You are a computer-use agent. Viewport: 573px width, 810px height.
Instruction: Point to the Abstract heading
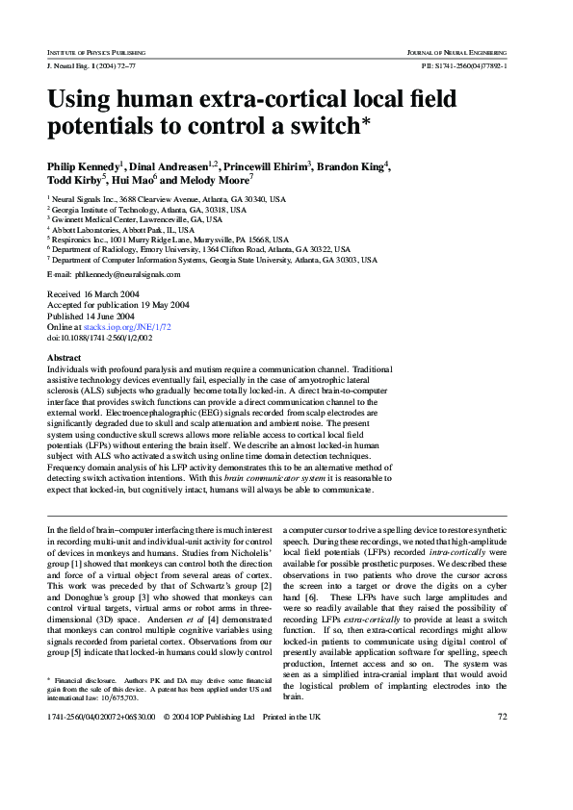[65, 357]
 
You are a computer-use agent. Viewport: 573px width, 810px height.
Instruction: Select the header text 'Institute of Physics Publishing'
[94, 48]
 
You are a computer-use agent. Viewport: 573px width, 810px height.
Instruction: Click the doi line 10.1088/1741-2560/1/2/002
[100, 338]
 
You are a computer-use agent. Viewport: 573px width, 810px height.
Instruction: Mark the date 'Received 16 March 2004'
[92, 293]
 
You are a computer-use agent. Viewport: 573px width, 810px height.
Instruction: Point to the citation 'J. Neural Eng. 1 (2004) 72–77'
[91, 64]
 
